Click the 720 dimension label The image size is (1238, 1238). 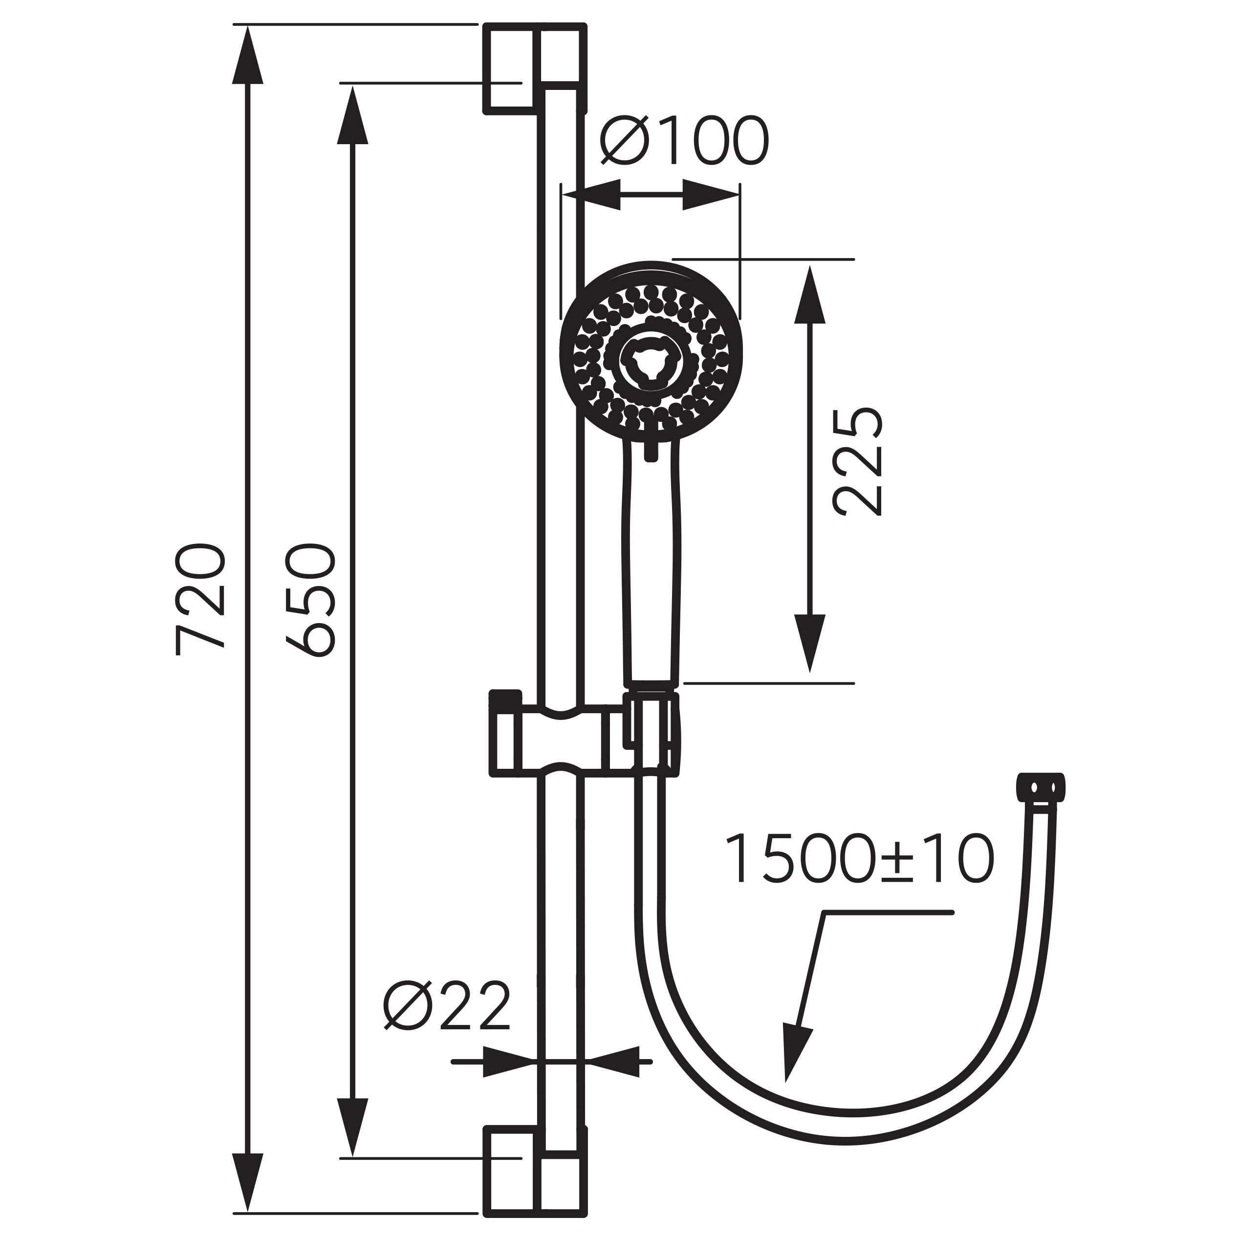tap(200, 600)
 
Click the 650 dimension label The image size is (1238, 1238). tap(311, 600)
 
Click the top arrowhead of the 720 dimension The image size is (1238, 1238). tap(248, 54)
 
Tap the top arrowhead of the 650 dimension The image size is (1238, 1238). tap(353, 115)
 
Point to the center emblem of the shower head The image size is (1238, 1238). tap(651, 363)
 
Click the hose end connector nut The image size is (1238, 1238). tap(1041, 787)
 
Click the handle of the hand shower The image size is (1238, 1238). tap(652, 564)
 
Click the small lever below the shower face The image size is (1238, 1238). tap(651, 449)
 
